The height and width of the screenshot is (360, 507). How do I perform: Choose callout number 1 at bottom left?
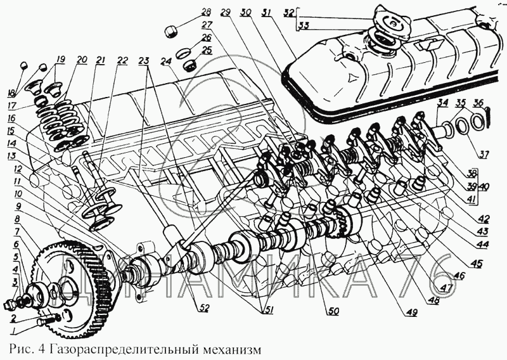[x=13, y=331]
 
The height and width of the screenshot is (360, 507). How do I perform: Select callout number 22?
[x=122, y=61]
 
